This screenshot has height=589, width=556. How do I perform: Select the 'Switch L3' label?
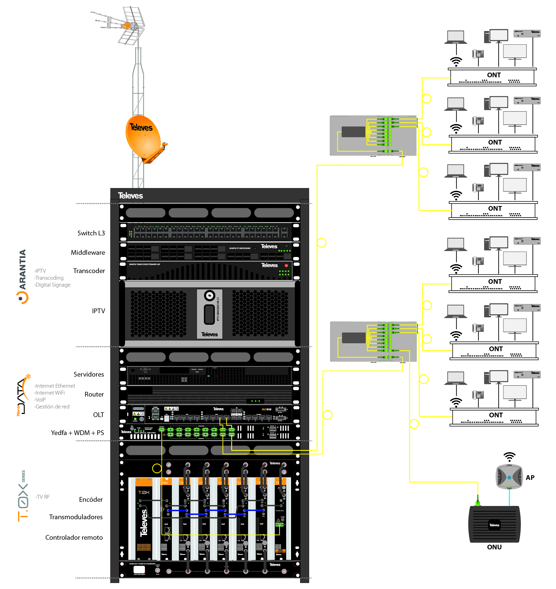point(91,233)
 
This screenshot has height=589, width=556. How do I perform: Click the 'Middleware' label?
point(88,252)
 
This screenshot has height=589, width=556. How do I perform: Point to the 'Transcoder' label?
point(89,271)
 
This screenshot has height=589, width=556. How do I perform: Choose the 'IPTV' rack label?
point(99,311)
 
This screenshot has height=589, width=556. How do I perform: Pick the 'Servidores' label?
point(89,374)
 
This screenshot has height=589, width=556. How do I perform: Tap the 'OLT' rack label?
point(99,415)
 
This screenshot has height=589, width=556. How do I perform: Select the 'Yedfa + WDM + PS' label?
point(77,433)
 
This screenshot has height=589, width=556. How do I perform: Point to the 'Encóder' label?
point(91,500)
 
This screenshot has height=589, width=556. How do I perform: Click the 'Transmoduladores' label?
point(76,517)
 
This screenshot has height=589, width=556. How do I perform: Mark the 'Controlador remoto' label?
point(74,537)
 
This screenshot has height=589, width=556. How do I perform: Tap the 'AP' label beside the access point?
point(530,477)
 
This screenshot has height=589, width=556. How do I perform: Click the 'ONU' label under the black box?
point(494,547)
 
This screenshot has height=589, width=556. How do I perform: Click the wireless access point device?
point(509,477)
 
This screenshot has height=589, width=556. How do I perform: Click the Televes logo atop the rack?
point(130,196)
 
